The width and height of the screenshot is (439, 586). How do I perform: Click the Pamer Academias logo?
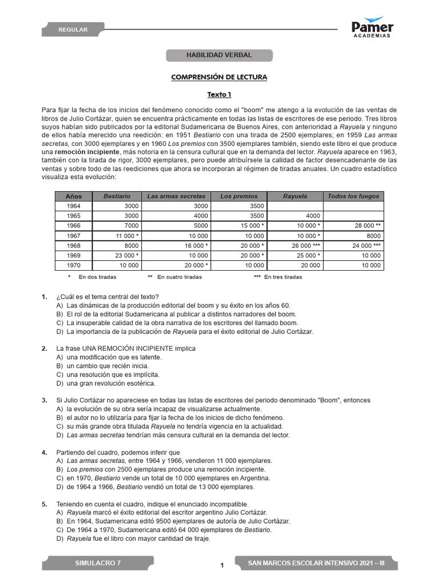point(372,27)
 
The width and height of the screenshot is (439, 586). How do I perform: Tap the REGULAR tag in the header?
point(73,30)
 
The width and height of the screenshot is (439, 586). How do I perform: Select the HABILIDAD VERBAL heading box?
point(219,56)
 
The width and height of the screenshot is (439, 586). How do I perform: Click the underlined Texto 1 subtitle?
point(219,95)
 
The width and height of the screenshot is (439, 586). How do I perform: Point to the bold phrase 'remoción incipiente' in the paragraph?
point(87,153)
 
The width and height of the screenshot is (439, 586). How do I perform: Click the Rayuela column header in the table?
point(296,196)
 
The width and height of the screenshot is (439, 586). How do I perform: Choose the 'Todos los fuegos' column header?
point(353,196)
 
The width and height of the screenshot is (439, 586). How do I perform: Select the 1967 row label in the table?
point(74,235)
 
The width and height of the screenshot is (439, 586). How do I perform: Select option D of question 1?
point(189,331)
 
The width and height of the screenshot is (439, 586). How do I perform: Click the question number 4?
point(44,452)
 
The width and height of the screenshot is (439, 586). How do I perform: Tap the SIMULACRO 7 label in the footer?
point(98,564)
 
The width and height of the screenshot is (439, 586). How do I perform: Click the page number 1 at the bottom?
point(222,566)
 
